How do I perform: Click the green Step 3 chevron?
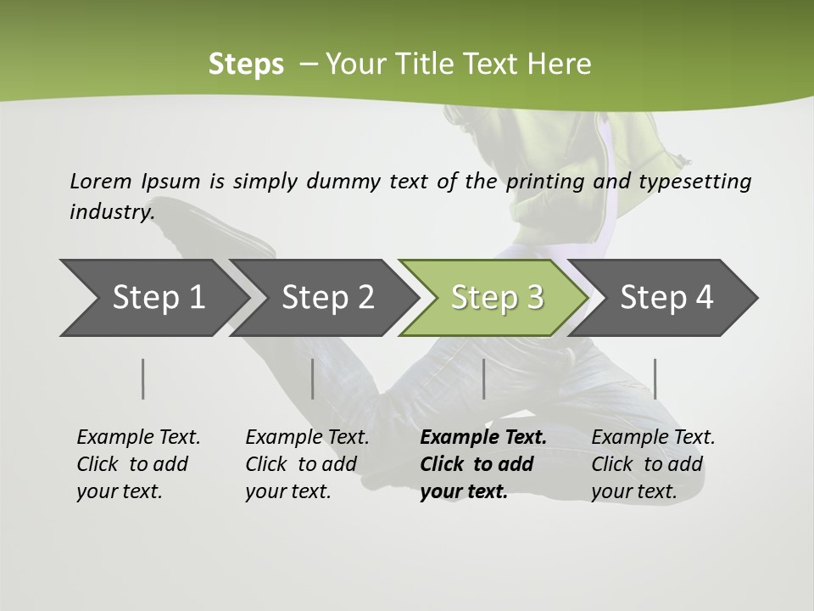click(x=497, y=298)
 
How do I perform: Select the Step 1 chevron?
click(x=159, y=298)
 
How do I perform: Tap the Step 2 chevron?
click(x=328, y=298)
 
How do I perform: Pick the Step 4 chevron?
click(x=666, y=298)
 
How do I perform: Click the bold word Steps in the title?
click(x=246, y=64)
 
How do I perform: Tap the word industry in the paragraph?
click(x=111, y=211)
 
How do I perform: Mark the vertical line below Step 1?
click(x=143, y=378)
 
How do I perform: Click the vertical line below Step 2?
click(x=313, y=378)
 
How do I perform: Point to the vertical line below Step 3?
click(x=483, y=378)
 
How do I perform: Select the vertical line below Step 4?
click(x=655, y=378)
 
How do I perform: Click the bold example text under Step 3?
click(x=482, y=464)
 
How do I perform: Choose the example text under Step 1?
click(x=137, y=464)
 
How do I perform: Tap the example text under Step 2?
click(x=306, y=464)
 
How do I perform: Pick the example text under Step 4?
click(x=652, y=464)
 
